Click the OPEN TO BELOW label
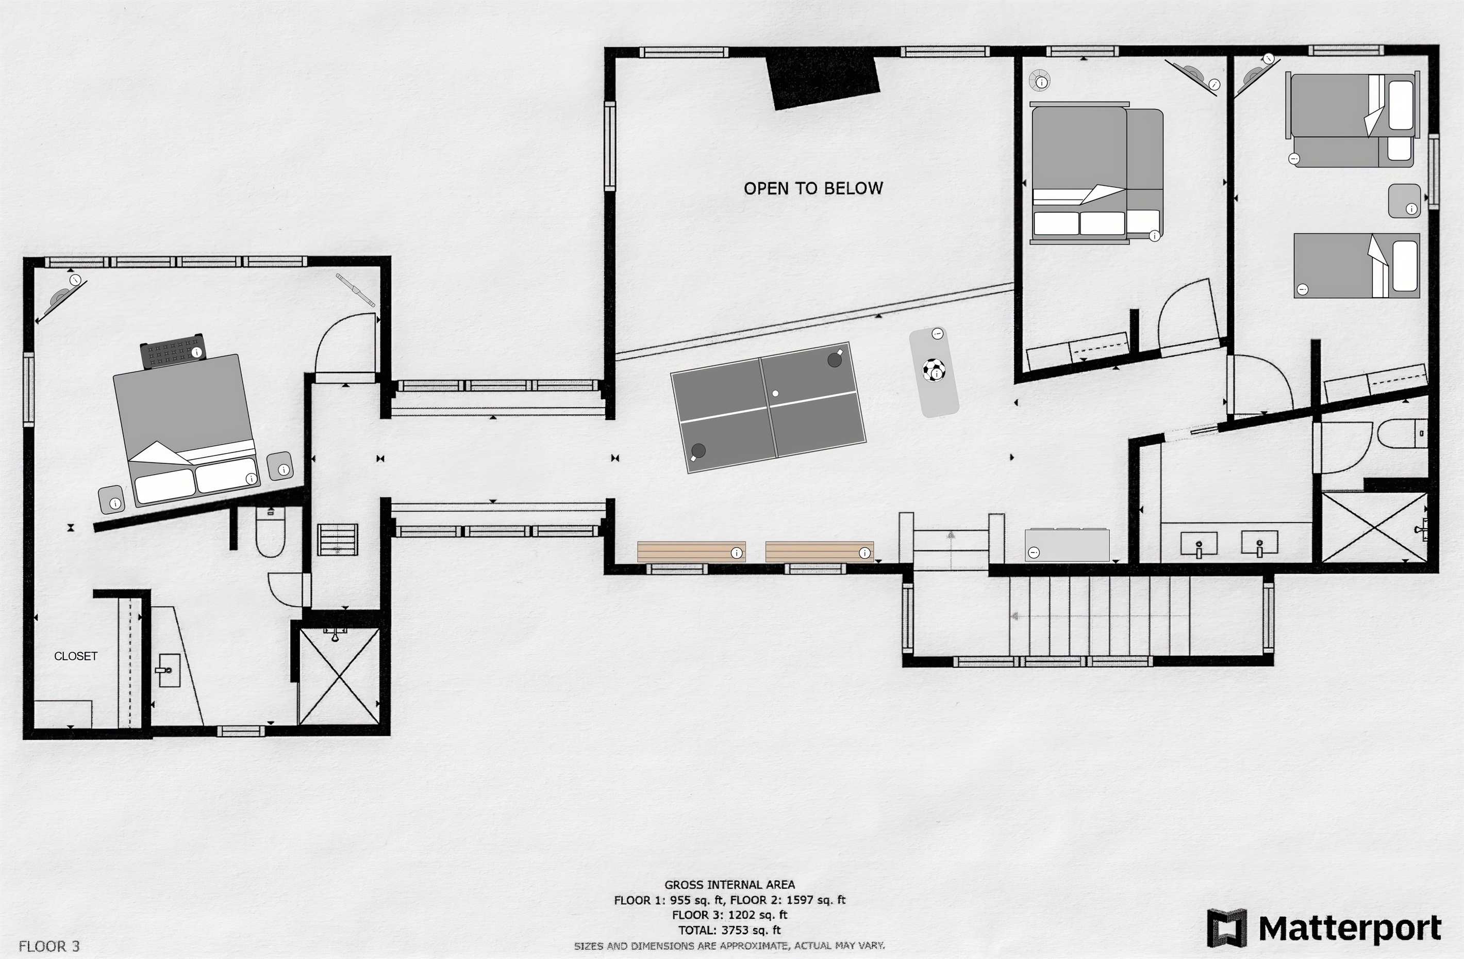point(813,188)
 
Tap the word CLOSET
point(76,656)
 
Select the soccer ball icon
point(934,370)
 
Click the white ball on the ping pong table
point(776,393)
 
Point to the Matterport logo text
point(1350,928)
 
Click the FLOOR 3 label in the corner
point(49,946)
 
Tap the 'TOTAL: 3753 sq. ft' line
point(729,930)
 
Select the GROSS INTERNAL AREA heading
point(729,885)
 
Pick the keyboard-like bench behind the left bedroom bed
point(173,351)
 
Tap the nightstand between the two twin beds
point(1404,201)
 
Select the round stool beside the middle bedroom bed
point(1040,80)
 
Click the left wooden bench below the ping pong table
point(691,551)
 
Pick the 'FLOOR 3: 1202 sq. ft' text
point(729,915)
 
